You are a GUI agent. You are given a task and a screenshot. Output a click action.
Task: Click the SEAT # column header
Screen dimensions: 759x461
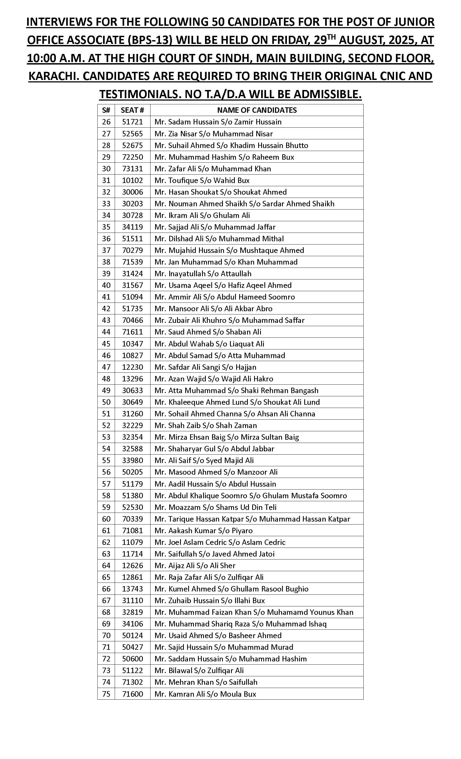click(x=132, y=110)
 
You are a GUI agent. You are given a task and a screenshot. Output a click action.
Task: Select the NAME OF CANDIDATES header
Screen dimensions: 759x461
click(x=257, y=110)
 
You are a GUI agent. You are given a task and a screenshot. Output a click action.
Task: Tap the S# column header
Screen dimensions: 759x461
click(x=106, y=110)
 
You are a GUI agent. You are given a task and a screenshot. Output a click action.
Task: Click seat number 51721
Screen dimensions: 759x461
click(x=133, y=122)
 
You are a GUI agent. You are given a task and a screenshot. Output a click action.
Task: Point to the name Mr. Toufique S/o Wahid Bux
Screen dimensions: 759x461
click(x=202, y=180)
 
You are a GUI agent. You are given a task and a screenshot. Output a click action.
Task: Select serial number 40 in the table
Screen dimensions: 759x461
click(x=106, y=285)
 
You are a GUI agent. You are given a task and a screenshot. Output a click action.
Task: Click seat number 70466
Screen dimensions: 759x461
click(x=133, y=320)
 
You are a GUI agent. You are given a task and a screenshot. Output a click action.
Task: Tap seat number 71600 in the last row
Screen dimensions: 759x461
click(x=133, y=694)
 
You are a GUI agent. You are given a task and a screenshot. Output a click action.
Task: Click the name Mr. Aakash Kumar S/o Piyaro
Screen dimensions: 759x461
click(x=203, y=530)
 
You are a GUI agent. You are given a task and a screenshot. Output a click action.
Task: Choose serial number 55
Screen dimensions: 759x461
click(x=106, y=460)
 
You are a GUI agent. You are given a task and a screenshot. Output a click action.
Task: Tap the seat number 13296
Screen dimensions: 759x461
click(x=133, y=379)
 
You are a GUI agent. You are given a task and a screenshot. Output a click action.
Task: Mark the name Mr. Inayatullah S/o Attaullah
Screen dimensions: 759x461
click(x=203, y=274)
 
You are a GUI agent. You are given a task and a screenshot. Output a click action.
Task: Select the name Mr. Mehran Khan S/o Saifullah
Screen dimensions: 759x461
click(x=206, y=682)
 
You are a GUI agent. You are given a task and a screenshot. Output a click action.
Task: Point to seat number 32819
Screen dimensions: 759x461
click(x=133, y=612)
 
